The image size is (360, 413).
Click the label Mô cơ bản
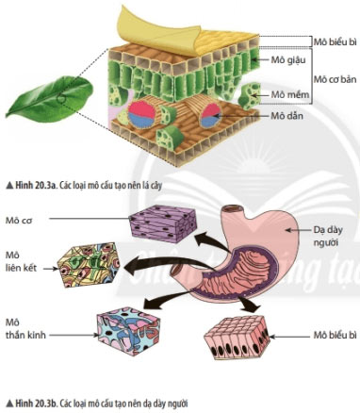[335, 79]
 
